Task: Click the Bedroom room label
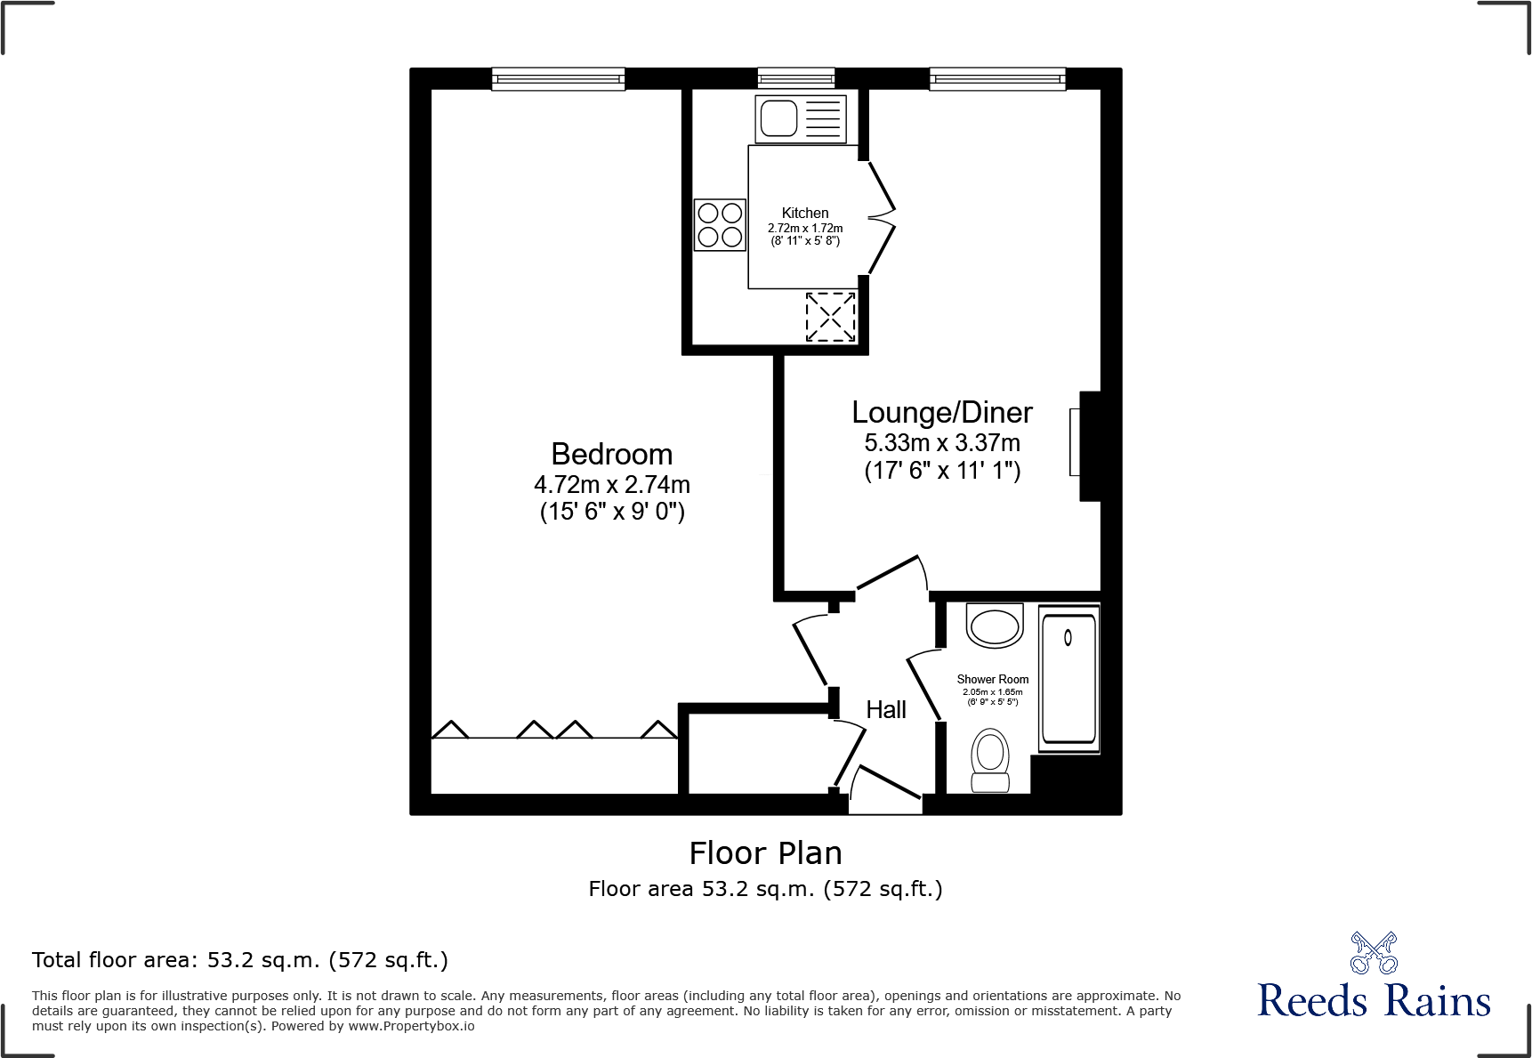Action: click(611, 455)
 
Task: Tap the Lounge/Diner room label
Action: click(942, 413)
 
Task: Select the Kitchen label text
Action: click(804, 213)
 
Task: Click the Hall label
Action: click(886, 710)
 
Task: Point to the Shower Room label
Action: click(992, 679)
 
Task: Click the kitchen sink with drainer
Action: click(800, 118)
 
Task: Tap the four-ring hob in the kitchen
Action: click(720, 225)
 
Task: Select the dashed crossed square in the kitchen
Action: click(830, 317)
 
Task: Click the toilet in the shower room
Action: click(990, 759)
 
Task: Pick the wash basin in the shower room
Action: click(995, 626)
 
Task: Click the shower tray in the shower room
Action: click(1068, 678)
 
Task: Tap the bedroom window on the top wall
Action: click(558, 79)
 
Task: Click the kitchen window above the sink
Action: click(795, 79)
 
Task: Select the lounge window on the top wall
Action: click(997, 79)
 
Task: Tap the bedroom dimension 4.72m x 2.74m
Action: click(611, 485)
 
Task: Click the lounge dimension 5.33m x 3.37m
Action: click(942, 443)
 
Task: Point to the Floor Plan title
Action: click(765, 853)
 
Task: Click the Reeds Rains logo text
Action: click(1373, 1001)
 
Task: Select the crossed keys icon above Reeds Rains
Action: click(1374, 953)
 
